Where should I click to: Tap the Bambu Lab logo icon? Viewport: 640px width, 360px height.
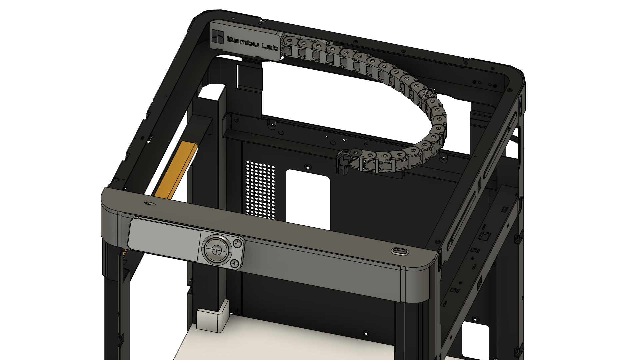point(218,36)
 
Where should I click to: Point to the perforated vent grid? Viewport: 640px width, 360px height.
point(260,190)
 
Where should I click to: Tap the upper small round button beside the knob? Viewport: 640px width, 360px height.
point(237,243)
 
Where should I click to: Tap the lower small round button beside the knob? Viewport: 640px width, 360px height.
point(235,264)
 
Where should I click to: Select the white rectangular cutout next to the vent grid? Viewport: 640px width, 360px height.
point(308,199)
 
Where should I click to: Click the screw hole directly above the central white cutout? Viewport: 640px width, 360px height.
point(308,166)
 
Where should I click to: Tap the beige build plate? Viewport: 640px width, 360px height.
point(283,343)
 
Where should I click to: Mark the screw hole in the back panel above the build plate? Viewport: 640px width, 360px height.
point(366,333)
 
